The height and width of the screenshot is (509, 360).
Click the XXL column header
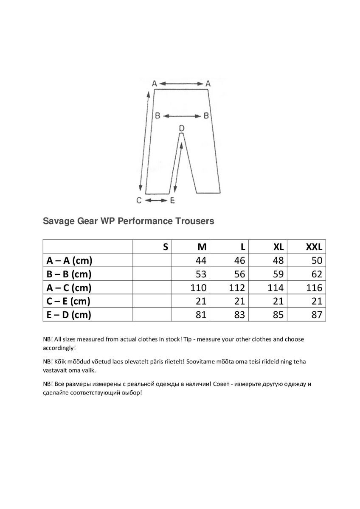[x=314, y=247]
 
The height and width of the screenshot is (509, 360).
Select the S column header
[x=165, y=247]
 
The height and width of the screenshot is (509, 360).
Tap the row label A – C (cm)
[x=69, y=288]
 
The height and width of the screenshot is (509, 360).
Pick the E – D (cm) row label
[x=68, y=315]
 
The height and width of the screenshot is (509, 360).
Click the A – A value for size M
[x=201, y=260]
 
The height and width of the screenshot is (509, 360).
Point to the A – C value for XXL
[x=314, y=288]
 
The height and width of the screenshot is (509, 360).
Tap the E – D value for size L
[x=239, y=315]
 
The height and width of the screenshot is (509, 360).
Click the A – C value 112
[x=237, y=288]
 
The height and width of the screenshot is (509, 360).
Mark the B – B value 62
[x=316, y=274]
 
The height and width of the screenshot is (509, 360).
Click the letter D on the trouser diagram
[x=181, y=128]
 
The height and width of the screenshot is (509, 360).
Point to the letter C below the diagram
[x=139, y=201]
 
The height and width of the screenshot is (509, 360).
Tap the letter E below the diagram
[x=172, y=201]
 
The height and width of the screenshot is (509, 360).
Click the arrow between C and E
[x=155, y=201]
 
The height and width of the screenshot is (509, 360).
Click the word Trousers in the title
[x=194, y=221]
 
